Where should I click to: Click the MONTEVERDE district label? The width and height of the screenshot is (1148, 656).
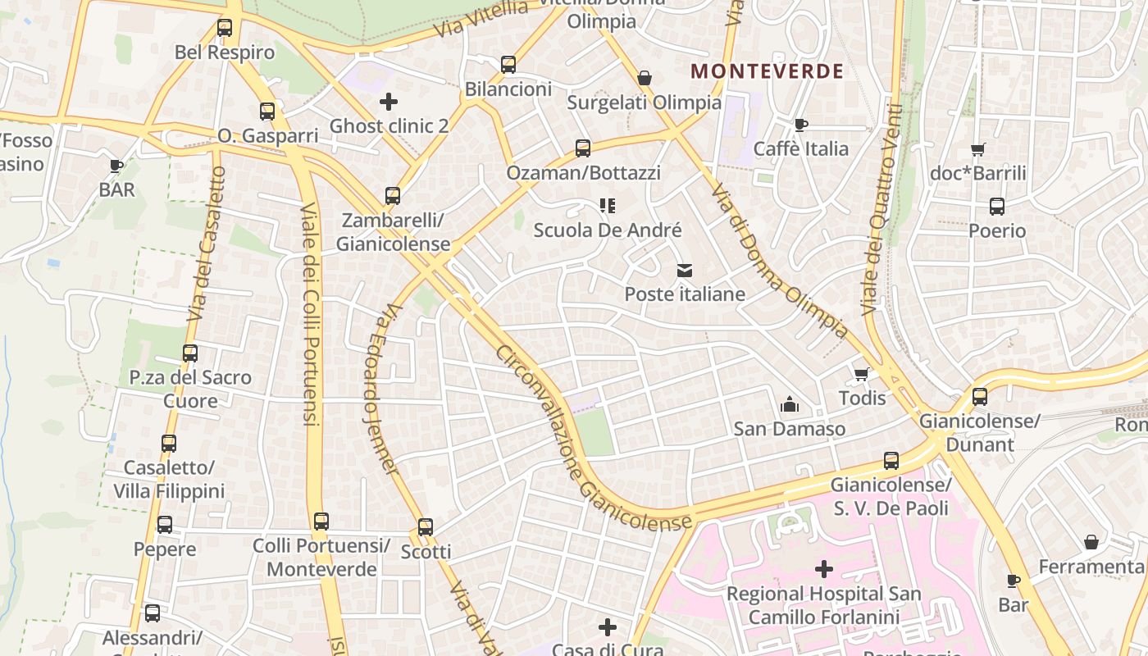coord(767,71)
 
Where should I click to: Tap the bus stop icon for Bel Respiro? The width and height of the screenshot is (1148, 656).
coord(225,28)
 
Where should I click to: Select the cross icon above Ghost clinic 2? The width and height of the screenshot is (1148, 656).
coord(389,102)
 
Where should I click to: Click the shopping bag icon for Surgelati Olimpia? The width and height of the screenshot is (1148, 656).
coord(645,78)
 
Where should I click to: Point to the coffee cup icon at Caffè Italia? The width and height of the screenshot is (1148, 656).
coord(801,125)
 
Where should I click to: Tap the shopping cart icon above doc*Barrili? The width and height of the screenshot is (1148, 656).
coord(977,149)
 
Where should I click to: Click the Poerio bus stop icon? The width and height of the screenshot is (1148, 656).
coord(997,207)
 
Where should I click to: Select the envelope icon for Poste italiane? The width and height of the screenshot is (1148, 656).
coord(685,270)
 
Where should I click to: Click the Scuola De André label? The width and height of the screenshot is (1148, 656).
coord(608,230)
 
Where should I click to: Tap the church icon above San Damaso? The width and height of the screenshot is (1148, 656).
coord(790,404)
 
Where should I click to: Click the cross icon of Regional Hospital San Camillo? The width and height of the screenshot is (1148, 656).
coord(824,568)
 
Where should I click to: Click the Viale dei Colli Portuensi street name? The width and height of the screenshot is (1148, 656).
coord(311,312)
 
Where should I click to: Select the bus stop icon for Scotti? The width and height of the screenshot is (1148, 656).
coord(425,527)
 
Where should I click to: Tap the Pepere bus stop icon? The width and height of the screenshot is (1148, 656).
coord(165,525)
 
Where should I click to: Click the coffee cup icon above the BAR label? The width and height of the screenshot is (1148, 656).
coord(116,166)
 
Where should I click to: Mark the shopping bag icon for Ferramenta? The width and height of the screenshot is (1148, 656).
coord(1091,542)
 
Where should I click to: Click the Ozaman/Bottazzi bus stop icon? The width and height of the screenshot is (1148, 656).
coord(583,148)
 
